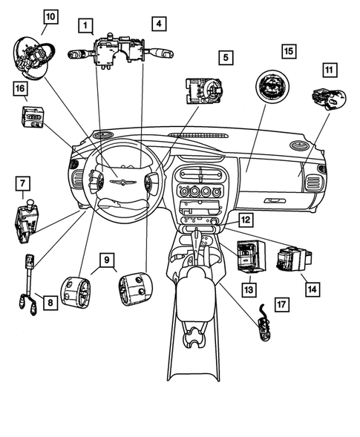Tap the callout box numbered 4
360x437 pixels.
click(x=158, y=24)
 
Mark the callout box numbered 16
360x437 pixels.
click(x=19, y=90)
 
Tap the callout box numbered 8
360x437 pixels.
click(x=50, y=303)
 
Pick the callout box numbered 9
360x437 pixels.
click(x=107, y=259)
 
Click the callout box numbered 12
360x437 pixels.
click(x=246, y=220)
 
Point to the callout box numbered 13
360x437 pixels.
click(x=245, y=287)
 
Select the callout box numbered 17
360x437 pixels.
click(x=281, y=303)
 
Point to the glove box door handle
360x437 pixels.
click(x=275, y=200)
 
